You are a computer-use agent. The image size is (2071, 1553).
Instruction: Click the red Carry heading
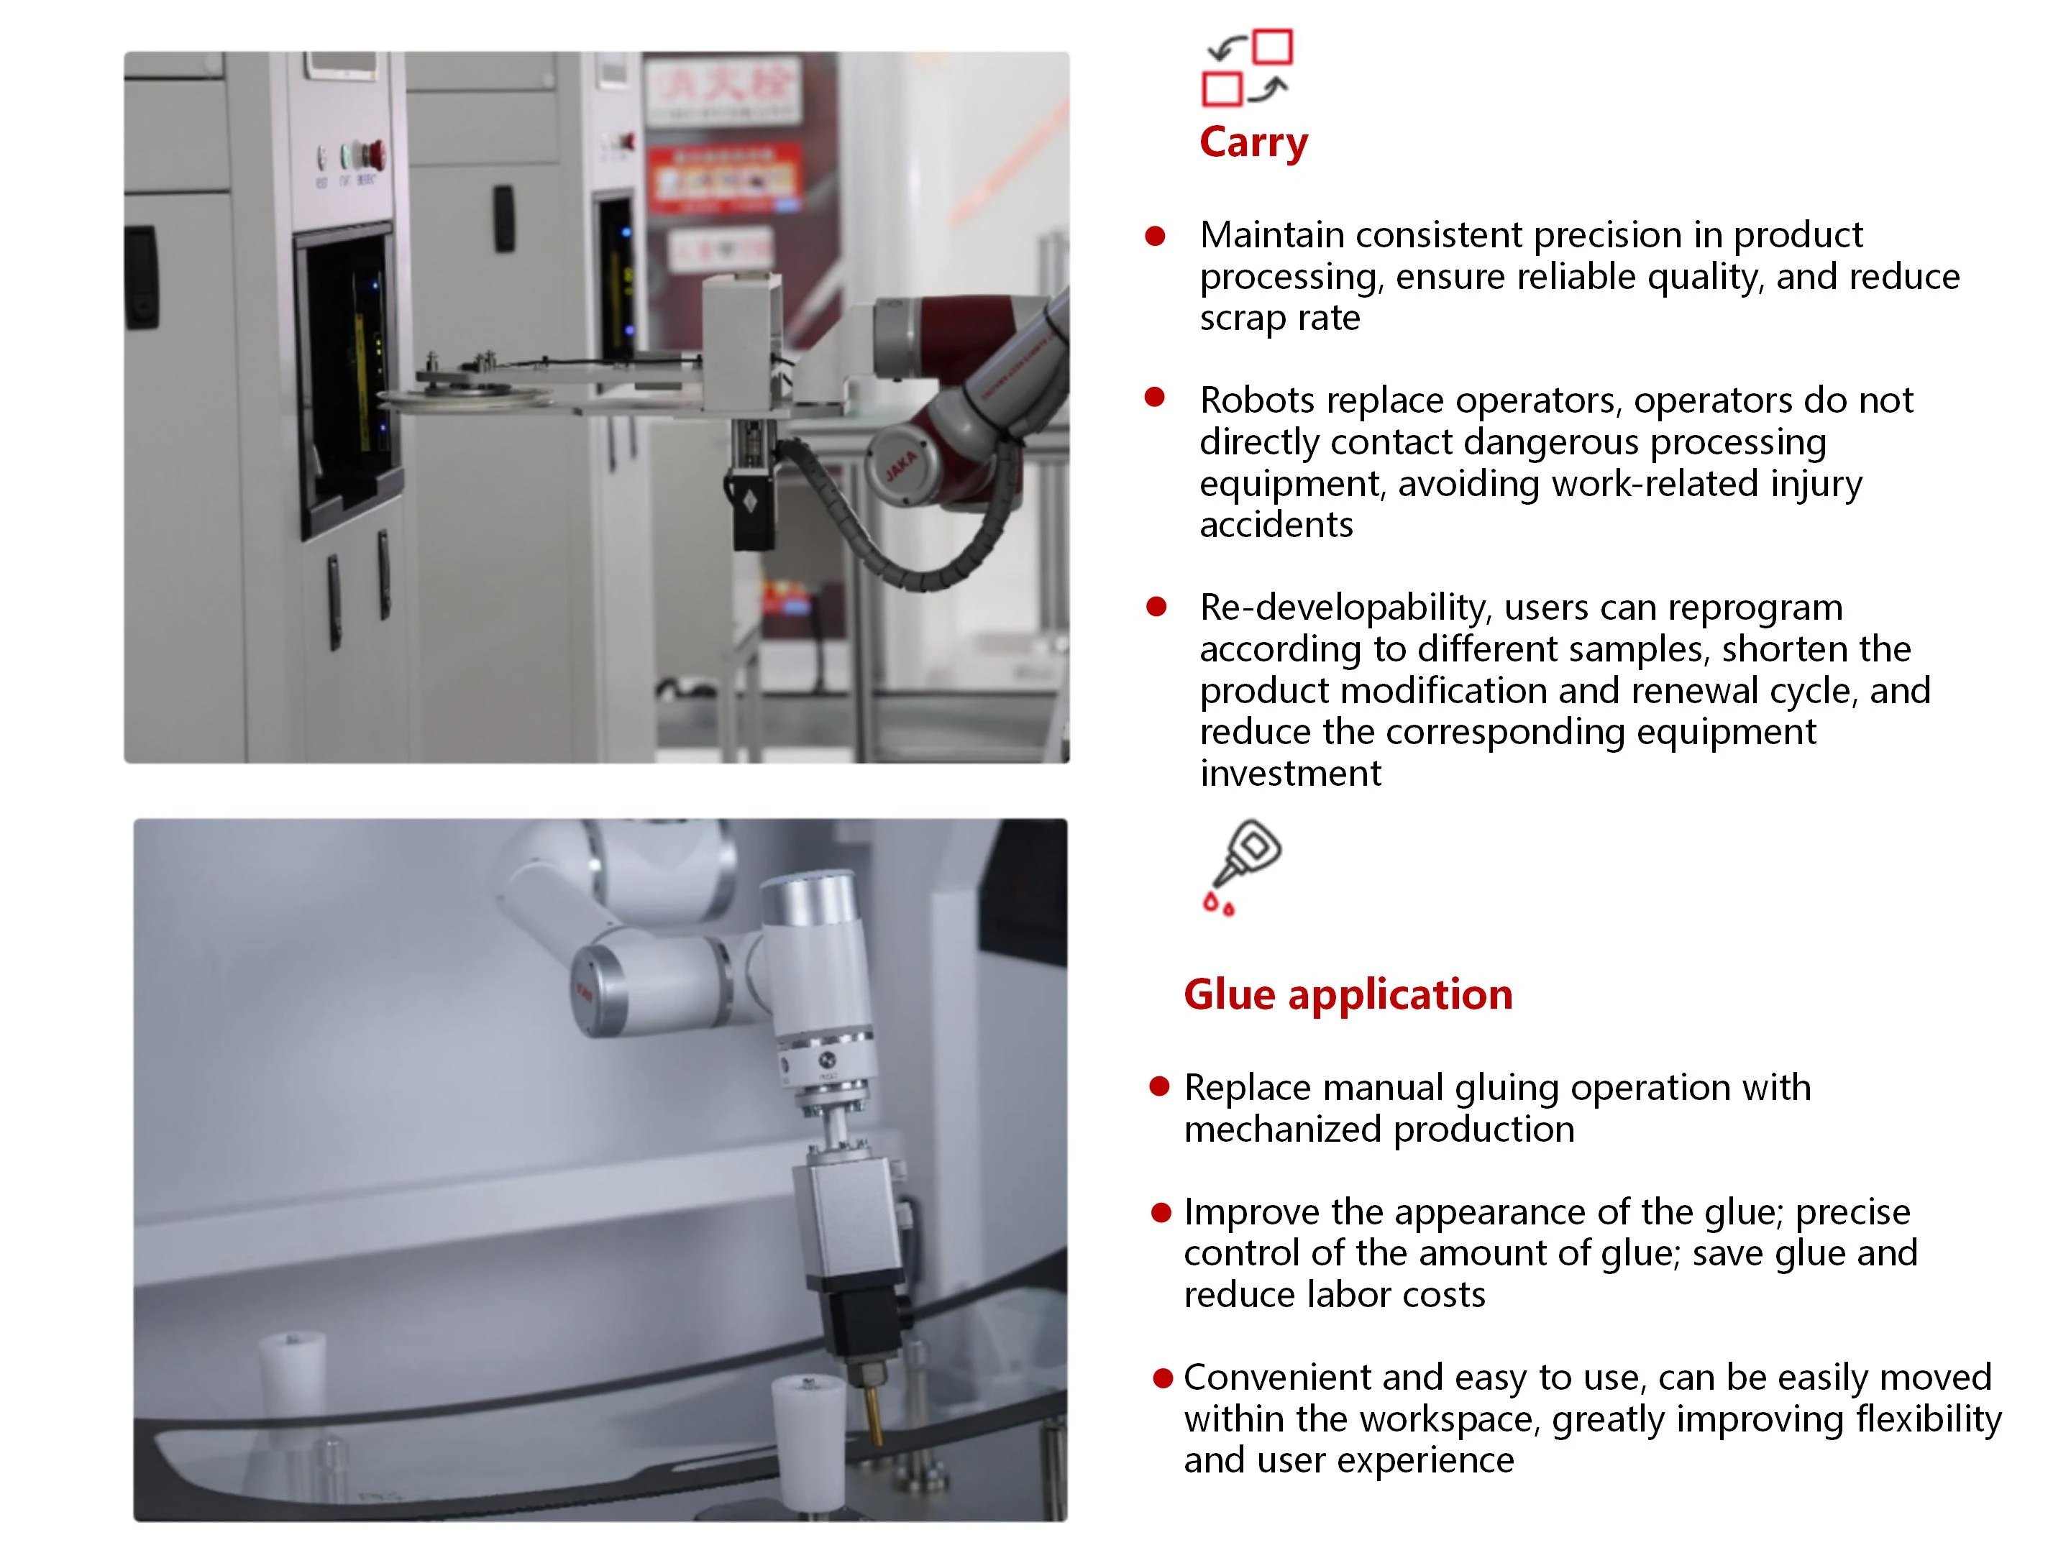[1253, 143]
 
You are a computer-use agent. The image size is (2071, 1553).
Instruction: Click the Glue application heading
[1348, 994]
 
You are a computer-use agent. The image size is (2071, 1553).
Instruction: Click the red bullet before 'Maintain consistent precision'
[1156, 236]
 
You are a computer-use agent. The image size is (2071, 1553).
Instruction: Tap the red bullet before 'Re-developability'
[1156, 607]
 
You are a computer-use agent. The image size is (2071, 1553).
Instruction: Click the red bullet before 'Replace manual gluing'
[1160, 1086]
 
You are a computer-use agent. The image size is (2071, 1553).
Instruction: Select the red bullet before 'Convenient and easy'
[1163, 1378]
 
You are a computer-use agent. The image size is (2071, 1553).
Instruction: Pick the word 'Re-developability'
[1345, 608]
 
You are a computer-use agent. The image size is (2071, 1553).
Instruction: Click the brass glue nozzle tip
[875, 1414]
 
